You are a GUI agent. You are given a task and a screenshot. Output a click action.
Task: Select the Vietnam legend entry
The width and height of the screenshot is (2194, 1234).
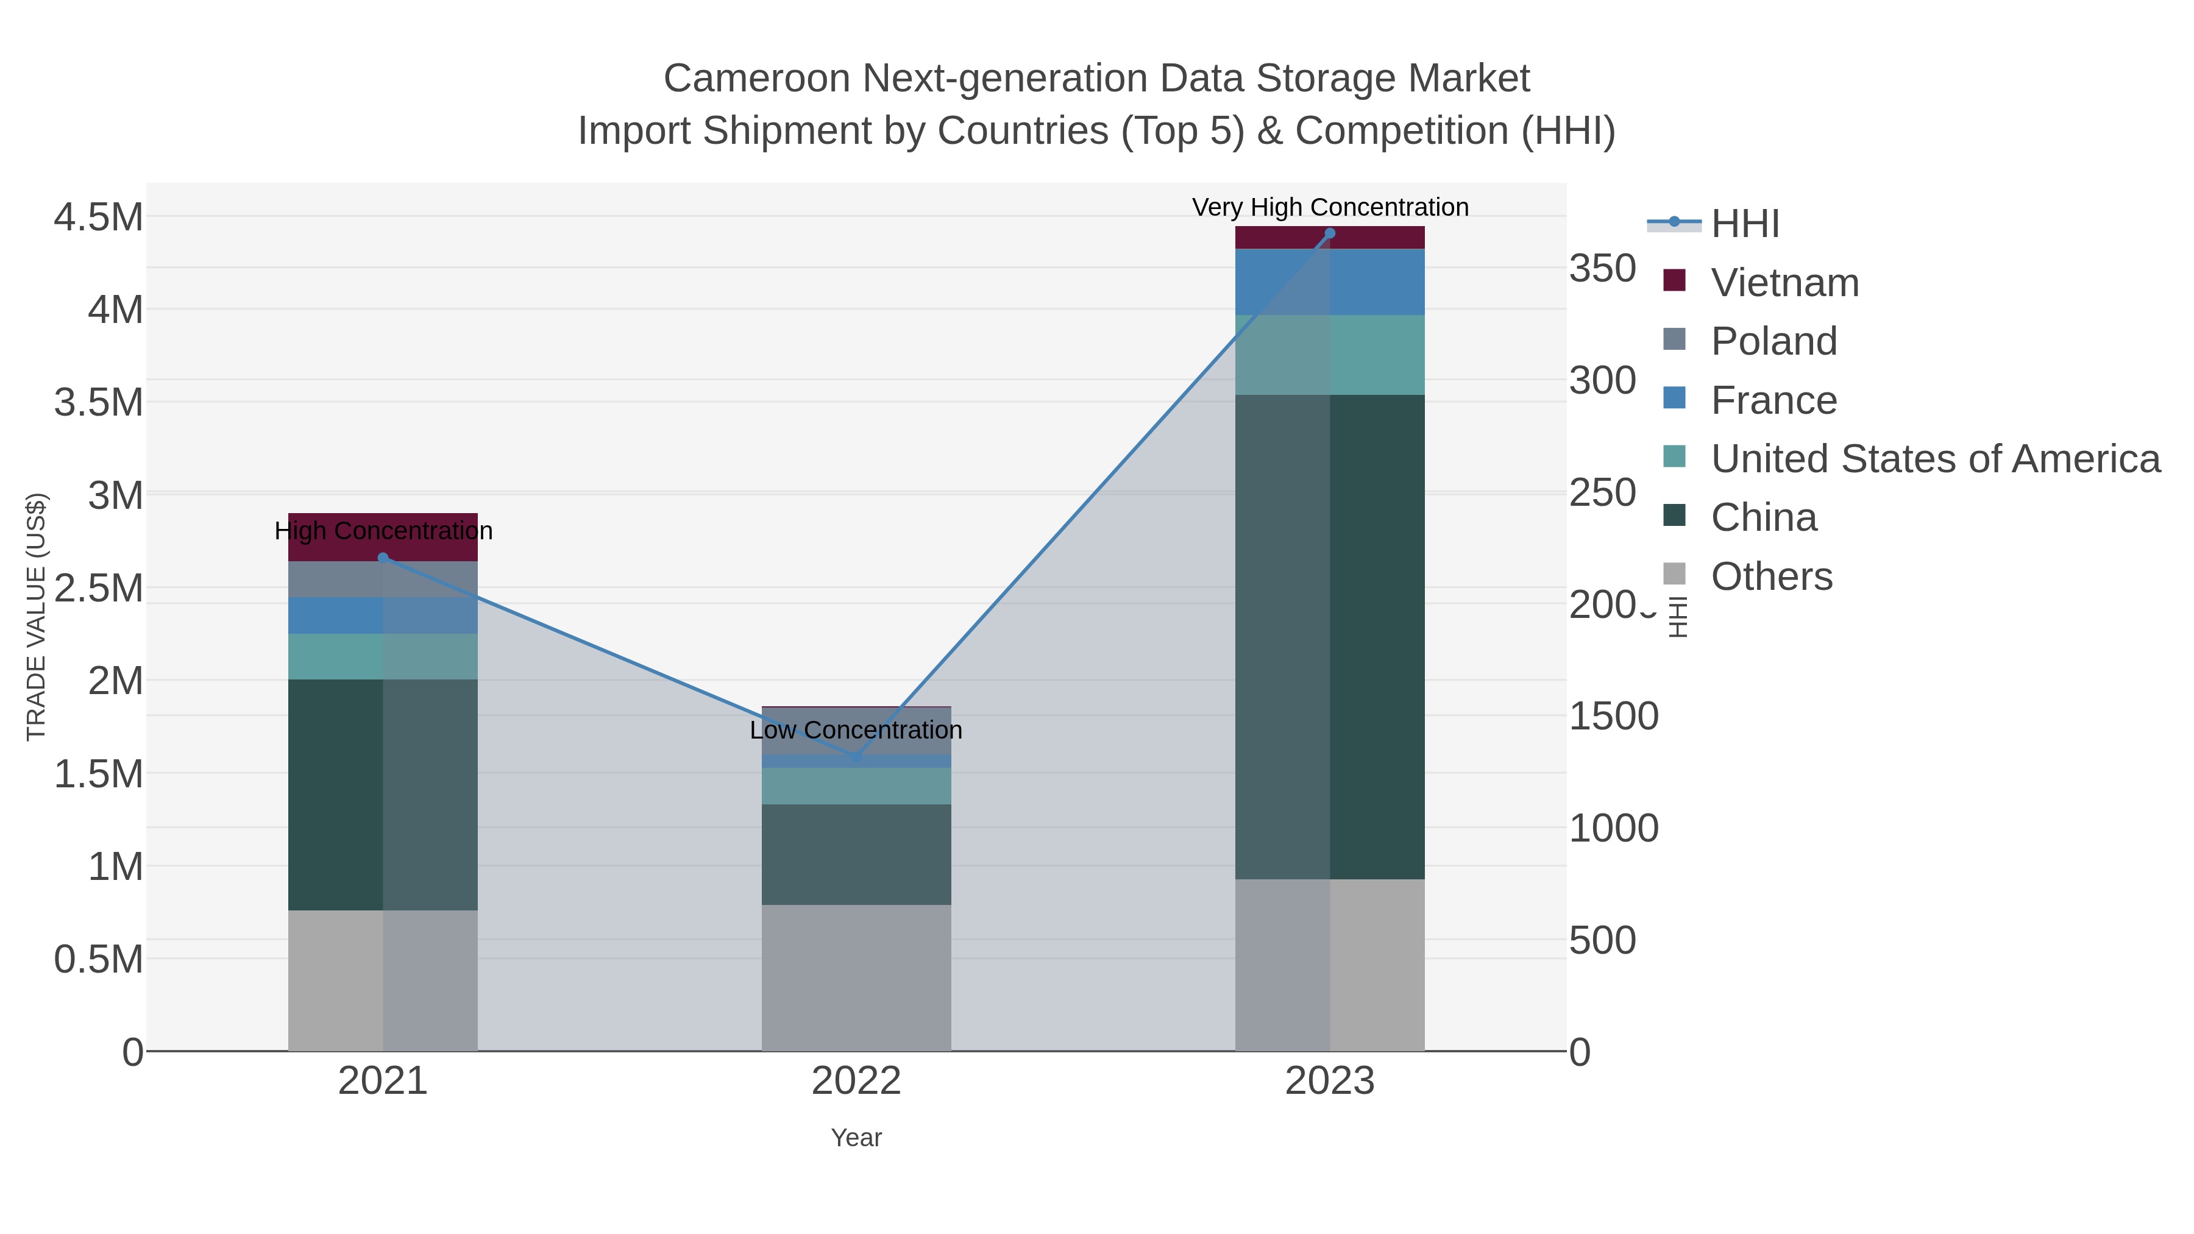tap(1784, 283)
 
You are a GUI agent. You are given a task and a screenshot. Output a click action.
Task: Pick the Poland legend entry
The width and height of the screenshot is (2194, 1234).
tap(1773, 341)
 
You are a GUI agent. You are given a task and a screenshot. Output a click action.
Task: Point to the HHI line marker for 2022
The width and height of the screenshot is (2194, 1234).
tap(857, 756)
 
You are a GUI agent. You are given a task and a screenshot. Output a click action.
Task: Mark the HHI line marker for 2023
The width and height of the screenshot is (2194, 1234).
tap(1330, 233)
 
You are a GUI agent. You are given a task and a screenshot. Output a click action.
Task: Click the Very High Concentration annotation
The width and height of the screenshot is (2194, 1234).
tap(1330, 207)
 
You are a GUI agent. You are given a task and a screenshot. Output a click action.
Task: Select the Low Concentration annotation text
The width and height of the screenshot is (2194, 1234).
tap(856, 730)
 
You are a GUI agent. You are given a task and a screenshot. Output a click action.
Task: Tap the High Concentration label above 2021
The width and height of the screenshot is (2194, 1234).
tap(383, 531)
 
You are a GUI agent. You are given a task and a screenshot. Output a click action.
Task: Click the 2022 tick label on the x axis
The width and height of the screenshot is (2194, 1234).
tap(856, 1082)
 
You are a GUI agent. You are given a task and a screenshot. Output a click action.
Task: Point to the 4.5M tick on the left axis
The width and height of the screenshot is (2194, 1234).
tap(98, 217)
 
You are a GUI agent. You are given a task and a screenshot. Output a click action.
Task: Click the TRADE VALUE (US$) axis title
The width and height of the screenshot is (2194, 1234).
tap(36, 617)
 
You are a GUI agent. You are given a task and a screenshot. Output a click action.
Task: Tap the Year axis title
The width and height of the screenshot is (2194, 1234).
tap(856, 1138)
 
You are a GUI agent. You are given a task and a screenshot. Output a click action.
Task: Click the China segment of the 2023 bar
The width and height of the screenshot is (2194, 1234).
tap(1330, 636)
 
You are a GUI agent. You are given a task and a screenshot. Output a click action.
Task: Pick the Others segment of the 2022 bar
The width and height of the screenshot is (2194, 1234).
tap(856, 977)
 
